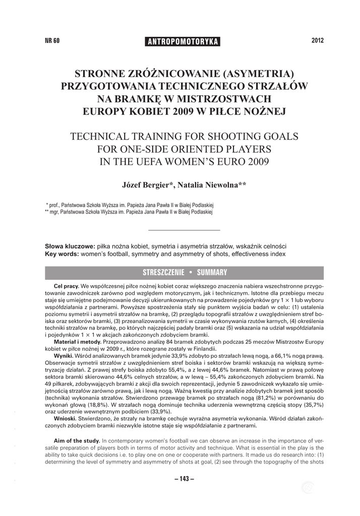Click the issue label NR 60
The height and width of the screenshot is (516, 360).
click(52, 41)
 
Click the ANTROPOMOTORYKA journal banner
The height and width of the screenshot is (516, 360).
click(182, 41)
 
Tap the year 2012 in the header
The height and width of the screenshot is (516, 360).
click(317, 40)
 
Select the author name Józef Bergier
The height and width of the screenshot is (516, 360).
click(147, 185)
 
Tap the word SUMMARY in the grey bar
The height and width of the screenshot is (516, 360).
click(212, 273)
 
